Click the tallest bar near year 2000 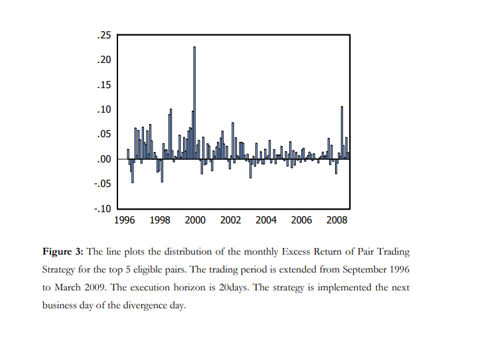[194, 103]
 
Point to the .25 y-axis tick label [104, 36]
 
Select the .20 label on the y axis [104, 60]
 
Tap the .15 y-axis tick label [104, 85]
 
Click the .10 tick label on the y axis [104, 109]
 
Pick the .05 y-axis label [104, 134]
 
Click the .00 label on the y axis [104, 159]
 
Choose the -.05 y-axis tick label [103, 184]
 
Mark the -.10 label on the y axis [103, 209]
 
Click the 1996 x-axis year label [125, 220]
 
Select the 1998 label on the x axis [160, 220]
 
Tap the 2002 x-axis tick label [231, 220]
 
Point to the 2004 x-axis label [266, 220]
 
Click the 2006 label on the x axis [301, 220]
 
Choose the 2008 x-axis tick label [337, 220]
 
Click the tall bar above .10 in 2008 [342, 133]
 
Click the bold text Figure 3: [62, 252]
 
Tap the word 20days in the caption [234, 288]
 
